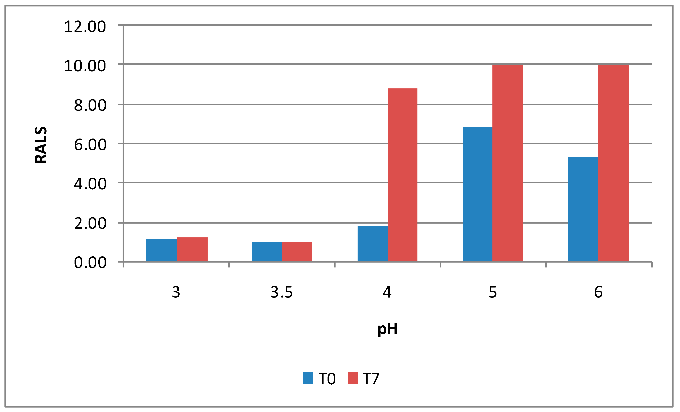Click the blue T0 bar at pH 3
(x=162, y=250)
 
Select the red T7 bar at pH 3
(x=192, y=249)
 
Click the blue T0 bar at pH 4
(x=373, y=244)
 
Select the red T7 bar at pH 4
(x=403, y=175)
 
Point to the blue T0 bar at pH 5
(x=478, y=194)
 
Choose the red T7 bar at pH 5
(x=508, y=163)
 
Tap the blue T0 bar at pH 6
(x=583, y=209)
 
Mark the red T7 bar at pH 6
(x=613, y=163)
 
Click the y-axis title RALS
(x=41, y=145)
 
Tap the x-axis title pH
(x=387, y=329)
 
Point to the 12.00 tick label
(x=85, y=27)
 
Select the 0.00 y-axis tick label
(x=90, y=263)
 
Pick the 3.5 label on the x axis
(x=281, y=292)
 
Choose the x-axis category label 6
(x=598, y=292)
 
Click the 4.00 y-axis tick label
(x=90, y=184)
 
